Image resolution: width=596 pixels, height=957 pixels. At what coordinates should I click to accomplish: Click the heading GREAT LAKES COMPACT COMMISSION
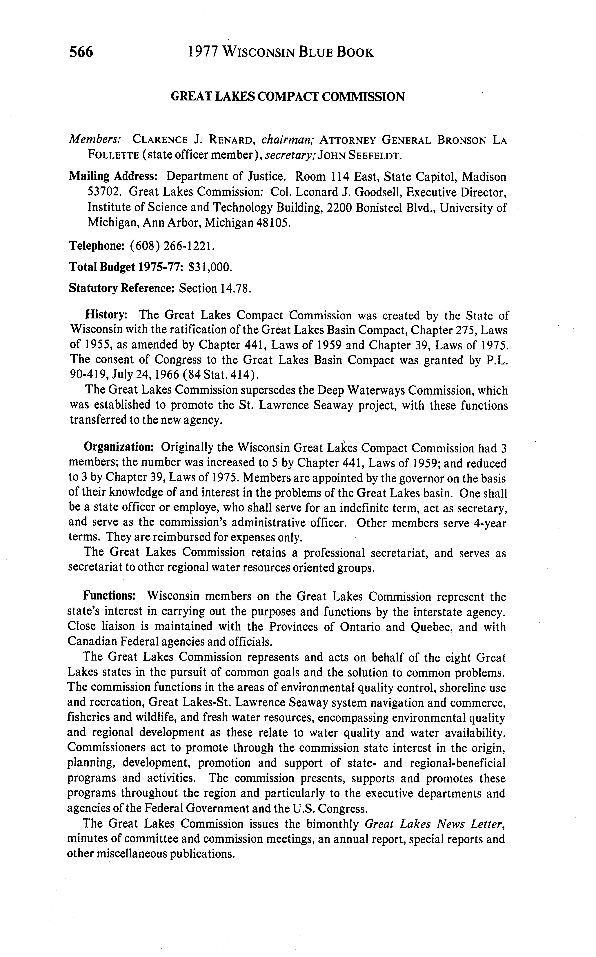click(287, 97)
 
